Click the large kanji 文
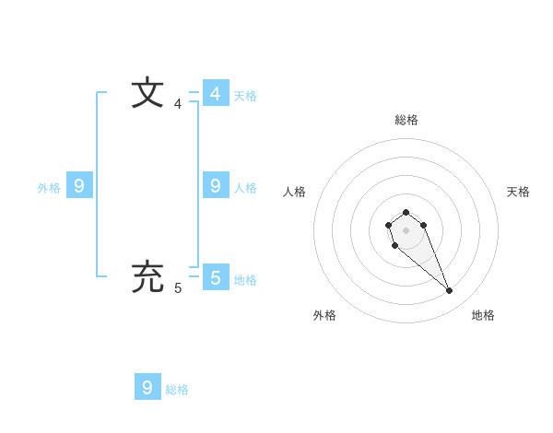[147, 93]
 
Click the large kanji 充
[147, 276]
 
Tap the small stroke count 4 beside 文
[178, 104]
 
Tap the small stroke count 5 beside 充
[178, 288]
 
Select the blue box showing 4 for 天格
[215, 93]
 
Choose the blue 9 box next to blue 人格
[215, 185]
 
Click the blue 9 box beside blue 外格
[79, 185]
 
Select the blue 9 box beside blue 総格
[147, 387]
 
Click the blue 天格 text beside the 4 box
[245, 96]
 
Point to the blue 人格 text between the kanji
[245, 188]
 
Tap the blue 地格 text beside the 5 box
[245, 280]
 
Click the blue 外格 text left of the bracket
[49, 188]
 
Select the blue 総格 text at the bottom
[177, 391]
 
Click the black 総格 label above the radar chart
[406, 120]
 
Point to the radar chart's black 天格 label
[518, 192]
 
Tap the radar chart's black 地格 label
[483, 315]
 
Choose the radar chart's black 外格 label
[324, 315]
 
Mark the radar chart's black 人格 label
[294, 192]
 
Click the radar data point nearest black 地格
[449, 291]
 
